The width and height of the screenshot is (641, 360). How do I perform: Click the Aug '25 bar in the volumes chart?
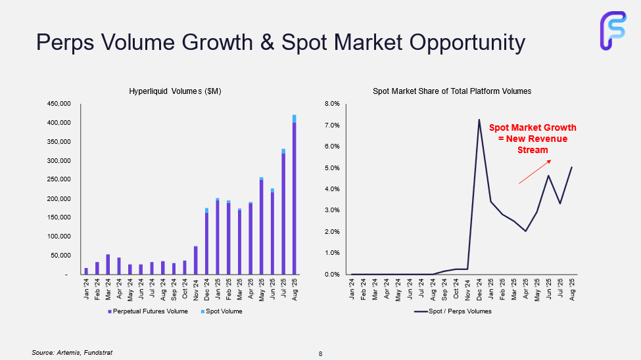[294, 197]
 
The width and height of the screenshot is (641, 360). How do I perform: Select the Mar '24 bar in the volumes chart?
[108, 264]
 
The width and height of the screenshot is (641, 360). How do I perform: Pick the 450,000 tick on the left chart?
[60, 104]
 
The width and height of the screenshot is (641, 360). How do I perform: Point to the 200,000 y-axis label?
[60, 199]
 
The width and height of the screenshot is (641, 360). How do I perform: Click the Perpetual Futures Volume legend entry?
[148, 311]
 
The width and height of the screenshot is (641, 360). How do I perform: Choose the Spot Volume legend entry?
[221, 311]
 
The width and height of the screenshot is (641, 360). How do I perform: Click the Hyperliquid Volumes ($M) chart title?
[175, 91]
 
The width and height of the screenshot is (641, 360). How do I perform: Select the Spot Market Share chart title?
[452, 91]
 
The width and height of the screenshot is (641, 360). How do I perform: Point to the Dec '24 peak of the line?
[479, 120]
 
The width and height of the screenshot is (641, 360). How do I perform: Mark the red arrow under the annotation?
[534, 172]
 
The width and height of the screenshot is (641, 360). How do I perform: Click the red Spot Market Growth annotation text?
[533, 139]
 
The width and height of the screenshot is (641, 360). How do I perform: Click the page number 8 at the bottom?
[321, 354]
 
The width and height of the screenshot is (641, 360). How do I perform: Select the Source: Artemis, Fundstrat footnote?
[68, 353]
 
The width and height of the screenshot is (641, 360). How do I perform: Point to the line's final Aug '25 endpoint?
[571, 167]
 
